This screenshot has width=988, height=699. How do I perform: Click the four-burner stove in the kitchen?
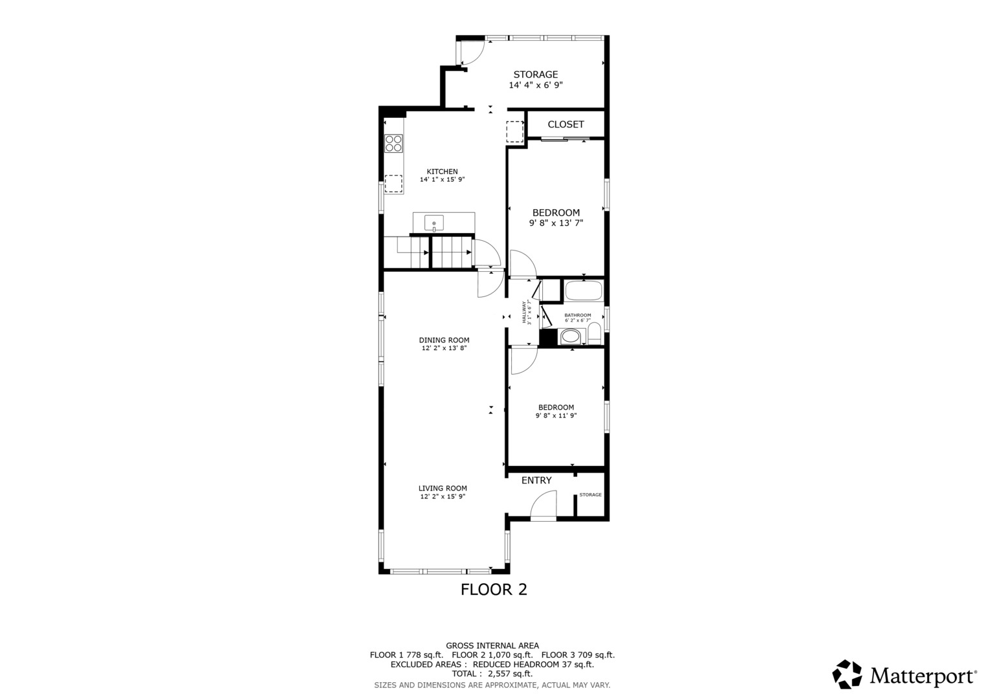393,143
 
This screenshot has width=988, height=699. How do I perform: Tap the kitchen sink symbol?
434,224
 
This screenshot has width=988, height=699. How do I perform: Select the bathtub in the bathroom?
584,291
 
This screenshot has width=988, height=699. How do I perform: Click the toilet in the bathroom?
594,334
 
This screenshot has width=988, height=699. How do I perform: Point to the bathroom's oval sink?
570,336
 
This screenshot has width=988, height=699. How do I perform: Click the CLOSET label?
565,124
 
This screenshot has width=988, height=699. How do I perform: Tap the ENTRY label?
536,480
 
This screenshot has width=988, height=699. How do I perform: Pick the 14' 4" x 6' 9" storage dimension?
535,85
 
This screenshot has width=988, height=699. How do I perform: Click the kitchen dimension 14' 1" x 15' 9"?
442,179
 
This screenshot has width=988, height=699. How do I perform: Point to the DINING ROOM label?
444,340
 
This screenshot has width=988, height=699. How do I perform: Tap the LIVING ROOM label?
443,488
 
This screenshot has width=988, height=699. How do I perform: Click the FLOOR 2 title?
494,589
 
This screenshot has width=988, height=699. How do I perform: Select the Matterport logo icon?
847,674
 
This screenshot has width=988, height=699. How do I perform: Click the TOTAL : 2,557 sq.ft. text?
492,674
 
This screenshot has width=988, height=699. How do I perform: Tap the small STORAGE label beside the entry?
590,494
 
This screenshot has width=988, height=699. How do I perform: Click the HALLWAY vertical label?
524,312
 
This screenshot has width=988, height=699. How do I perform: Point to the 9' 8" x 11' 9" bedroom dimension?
556,416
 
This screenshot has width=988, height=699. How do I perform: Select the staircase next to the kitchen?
428,252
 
